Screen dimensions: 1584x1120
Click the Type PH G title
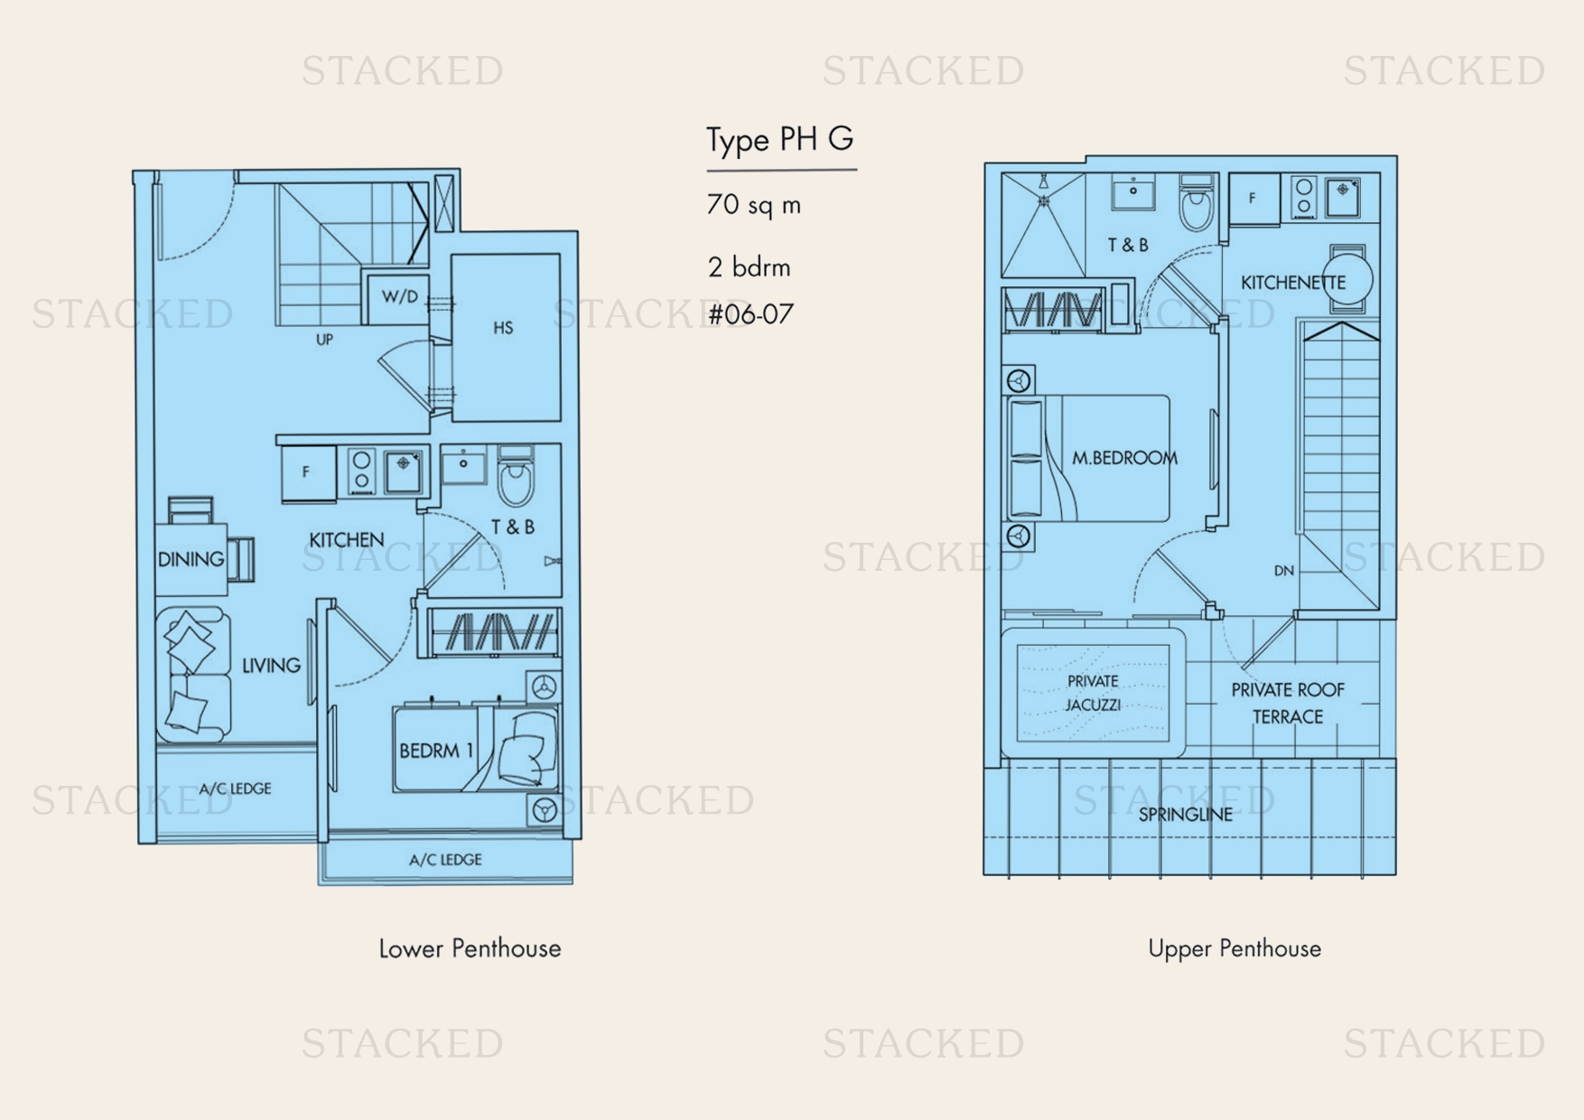coord(779,140)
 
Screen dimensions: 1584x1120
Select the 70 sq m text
coord(754,205)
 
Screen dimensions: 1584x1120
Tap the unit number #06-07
coord(750,314)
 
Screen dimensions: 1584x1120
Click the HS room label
coord(504,328)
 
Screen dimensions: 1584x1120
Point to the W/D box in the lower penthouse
coord(398,297)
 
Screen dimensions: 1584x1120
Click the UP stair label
coord(324,340)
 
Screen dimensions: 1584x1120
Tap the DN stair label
coord(1284,571)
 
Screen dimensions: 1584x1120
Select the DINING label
coord(191,560)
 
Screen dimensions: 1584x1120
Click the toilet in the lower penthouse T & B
coord(517,476)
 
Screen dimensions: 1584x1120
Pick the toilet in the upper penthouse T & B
coord(1197,203)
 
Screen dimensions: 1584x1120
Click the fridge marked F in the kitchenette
coord(1253,198)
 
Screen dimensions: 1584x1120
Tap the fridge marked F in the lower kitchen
coord(308,471)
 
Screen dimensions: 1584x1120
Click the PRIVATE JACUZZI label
coord(1093,693)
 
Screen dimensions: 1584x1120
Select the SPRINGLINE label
coord(1186,815)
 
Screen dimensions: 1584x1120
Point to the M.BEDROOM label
coord(1125,459)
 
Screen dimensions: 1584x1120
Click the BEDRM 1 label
coord(436,751)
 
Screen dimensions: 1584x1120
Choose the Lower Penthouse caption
coord(470,948)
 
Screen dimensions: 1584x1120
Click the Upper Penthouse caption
coord(1235,948)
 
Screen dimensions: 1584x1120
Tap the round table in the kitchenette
coord(1347,280)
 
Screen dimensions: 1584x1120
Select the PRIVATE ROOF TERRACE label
coord(1288,704)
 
